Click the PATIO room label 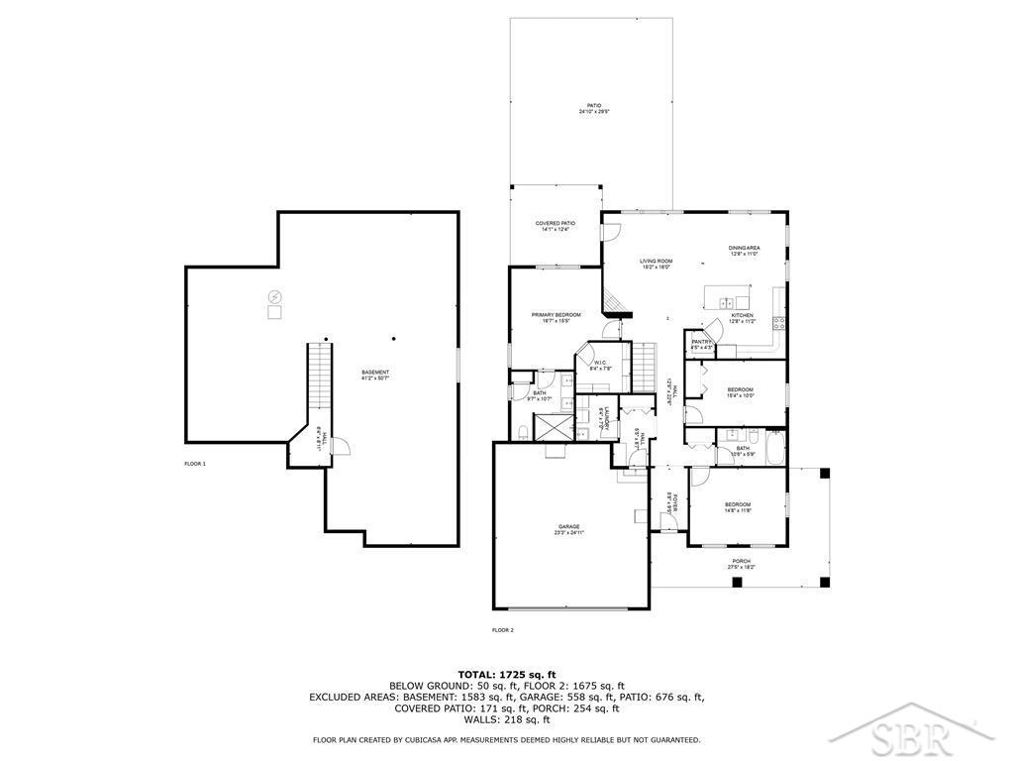click(594, 105)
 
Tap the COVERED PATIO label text click(555, 223)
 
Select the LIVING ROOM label click(656, 261)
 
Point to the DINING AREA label click(744, 248)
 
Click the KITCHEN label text click(742, 315)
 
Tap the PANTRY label click(702, 342)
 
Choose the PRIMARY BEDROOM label click(555, 314)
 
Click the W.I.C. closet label click(600, 363)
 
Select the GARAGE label click(568, 526)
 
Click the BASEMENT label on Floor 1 click(375, 373)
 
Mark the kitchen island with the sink click(728, 299)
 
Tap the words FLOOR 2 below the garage click(503, 629)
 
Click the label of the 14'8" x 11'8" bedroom click(738, 504)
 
